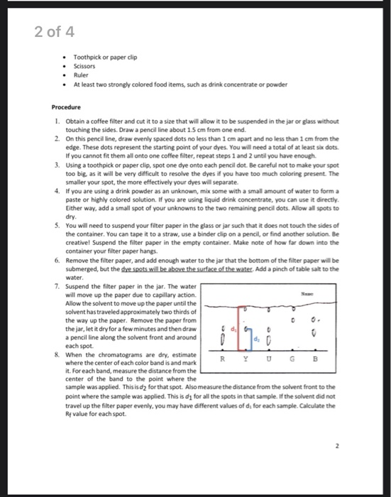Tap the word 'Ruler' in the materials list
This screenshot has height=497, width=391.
click(82, 73)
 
